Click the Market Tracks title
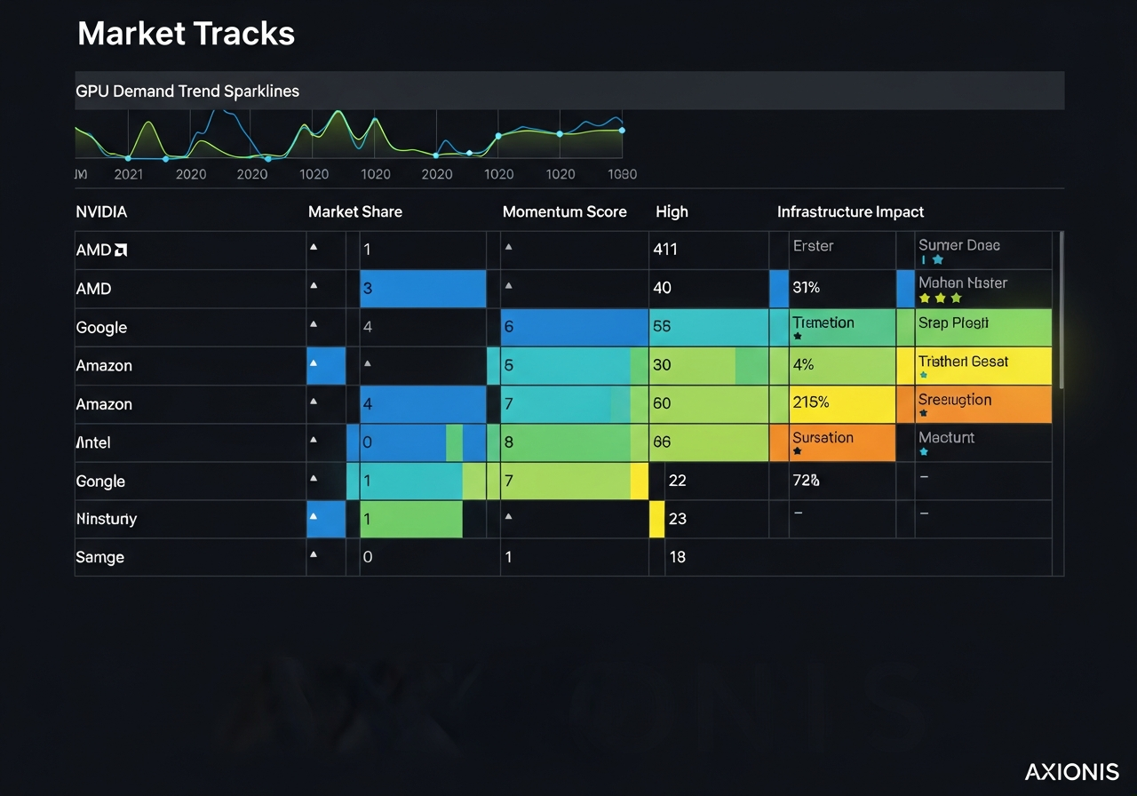186,34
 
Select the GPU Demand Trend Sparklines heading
187,91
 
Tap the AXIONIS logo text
1071,771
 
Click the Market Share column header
354,211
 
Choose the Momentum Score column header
564,211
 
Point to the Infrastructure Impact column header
850,211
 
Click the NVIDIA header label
101,211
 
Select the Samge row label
99,557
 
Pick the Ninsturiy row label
107,519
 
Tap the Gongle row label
100,481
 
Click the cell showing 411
664,250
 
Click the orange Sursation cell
831,442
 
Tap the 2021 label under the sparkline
129,174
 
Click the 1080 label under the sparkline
622,174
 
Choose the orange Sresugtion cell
983,403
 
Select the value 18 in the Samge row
677,557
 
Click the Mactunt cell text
946,438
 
